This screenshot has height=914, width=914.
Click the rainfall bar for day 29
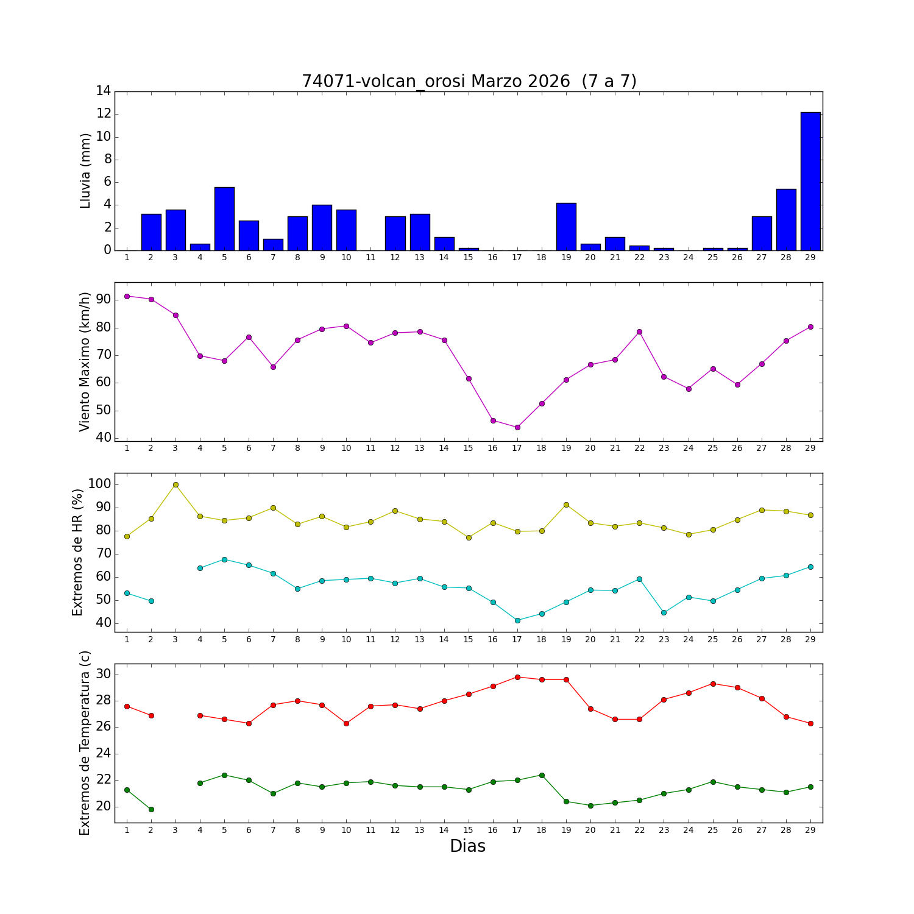point(810,181)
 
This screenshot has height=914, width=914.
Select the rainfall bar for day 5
point(224,219)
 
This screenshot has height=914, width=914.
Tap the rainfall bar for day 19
point(566,227)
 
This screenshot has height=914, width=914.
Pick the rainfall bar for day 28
point(785,219)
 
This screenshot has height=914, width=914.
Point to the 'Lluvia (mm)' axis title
point(85,171)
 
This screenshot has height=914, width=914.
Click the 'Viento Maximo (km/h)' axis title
point(85,361)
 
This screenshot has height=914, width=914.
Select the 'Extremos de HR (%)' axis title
point(77,552)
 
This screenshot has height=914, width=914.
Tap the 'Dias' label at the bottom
point(467,846)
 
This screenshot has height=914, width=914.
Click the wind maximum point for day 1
point(127,296)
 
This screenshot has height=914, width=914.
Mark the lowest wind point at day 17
point(517,427)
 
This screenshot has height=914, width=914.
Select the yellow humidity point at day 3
point(175,484)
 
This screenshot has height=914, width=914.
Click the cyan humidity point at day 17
point(517,620)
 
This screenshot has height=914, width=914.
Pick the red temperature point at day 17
point(517,677)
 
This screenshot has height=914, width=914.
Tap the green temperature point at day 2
point(151,809)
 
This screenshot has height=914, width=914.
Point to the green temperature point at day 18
point(542,775)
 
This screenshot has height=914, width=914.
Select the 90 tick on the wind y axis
point(103,300)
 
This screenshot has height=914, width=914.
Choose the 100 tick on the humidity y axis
point(99,484)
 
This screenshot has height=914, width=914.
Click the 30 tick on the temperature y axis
point(103,674)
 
